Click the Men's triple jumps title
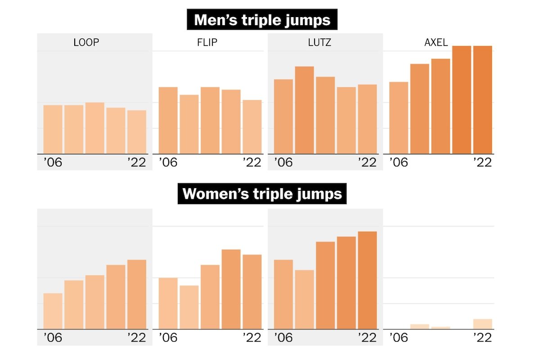tap(262, 20)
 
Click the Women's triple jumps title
tap(262, 194)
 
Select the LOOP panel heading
tap(86, 43)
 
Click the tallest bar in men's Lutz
tap(304, 110)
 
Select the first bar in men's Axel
tap(399, 118)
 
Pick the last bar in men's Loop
tap(137, 132)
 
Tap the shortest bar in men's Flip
tap(252, 127)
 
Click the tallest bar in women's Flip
tap(231, 289)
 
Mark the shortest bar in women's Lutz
tap(304, 299)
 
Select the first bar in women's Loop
tap(53, 311)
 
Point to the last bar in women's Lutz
tap(367, 280)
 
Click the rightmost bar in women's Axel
tap(482, 324)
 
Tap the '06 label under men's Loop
tap(53, 162)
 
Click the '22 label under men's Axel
tap(482, 162)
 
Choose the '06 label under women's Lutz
tap(283, 337)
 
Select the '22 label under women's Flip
tap(252, 337)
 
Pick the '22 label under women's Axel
tap(482, 337)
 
